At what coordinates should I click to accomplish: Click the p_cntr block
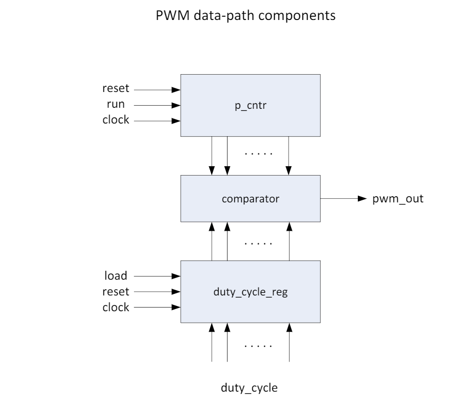point(250,105)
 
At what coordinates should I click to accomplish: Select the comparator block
point(250,199)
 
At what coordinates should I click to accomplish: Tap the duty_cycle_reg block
point(250,292)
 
